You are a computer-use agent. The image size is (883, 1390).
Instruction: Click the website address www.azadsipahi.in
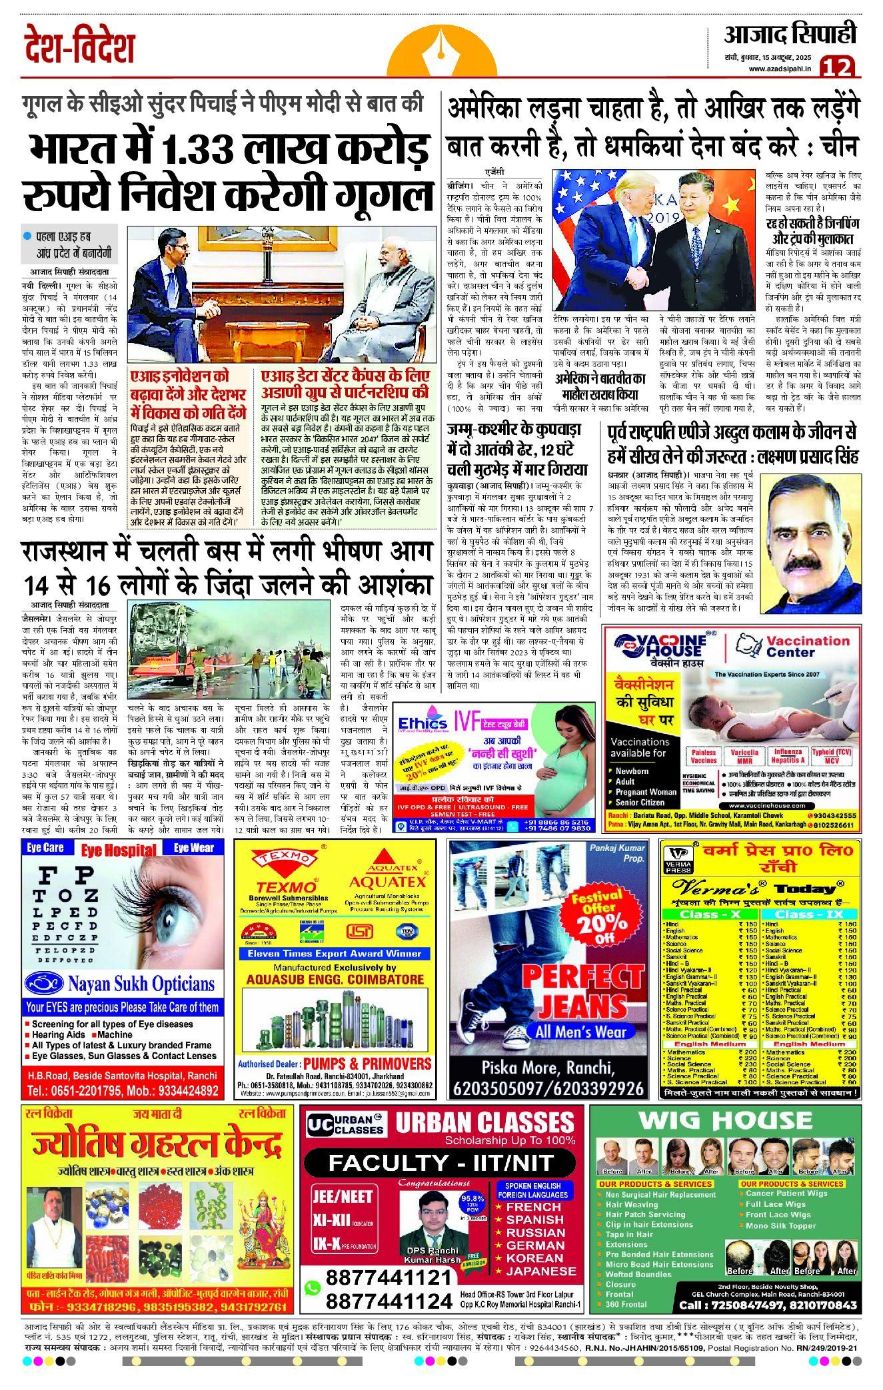[780, 69]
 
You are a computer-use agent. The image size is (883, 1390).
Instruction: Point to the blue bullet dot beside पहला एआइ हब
[27, 236]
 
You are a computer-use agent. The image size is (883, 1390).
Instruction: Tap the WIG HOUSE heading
[725, 1120]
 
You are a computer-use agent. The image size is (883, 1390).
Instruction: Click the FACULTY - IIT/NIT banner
[441, 1163]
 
